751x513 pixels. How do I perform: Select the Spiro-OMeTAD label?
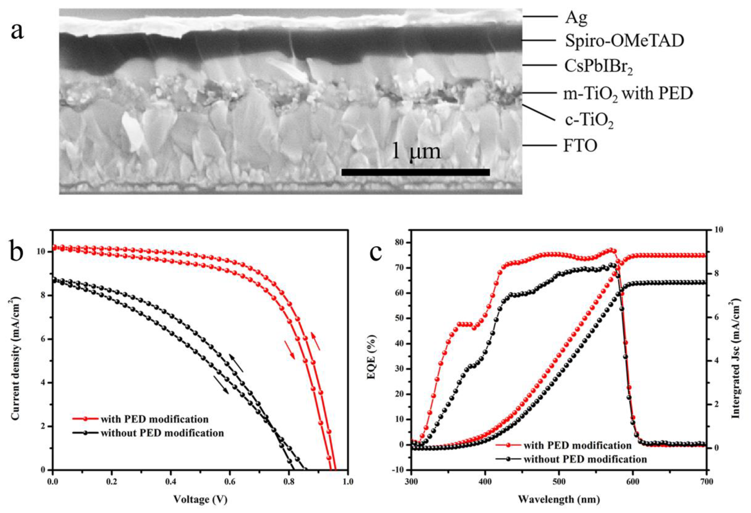coord(624,41)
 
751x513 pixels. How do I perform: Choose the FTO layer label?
coord(580,146)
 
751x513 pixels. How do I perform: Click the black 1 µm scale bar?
coord(415,172)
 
